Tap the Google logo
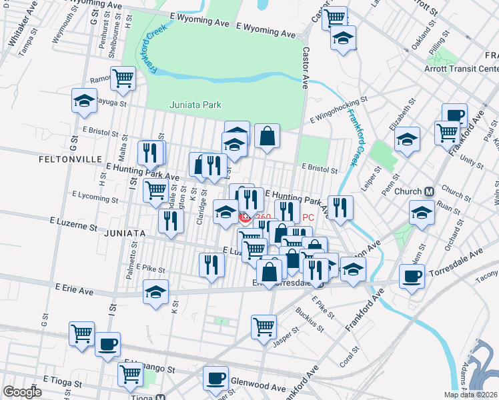pos(22,392)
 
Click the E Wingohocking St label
pos(339,108)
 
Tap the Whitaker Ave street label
pos(15,29)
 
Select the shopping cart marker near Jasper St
pos(264,326)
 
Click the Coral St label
pos(350,353)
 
